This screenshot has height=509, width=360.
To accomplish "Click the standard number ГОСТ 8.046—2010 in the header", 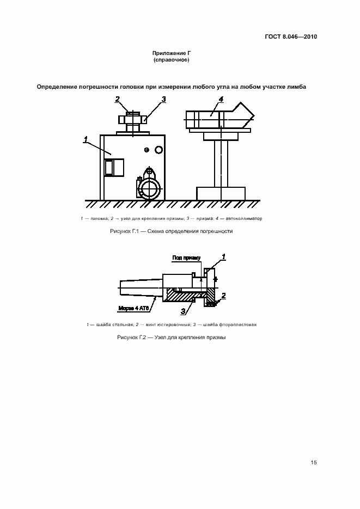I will pos(290,37).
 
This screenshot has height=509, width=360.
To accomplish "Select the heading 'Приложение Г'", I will pos(172,53).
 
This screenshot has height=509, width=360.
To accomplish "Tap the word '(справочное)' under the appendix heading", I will pos(172,60).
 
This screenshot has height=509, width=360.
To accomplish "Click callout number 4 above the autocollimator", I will pos(221,99).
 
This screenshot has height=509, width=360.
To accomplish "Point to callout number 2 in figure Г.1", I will pos(117,99).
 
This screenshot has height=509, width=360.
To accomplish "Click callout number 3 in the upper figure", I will pos(163,99).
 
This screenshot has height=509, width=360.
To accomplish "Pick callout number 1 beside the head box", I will pos(86,141).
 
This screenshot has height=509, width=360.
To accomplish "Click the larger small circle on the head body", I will pos(158,150).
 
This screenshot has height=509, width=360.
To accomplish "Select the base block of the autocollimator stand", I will pos(221,193).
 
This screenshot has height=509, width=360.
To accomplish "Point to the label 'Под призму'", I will pos(187,257).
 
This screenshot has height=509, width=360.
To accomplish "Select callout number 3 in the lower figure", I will pos(183,311).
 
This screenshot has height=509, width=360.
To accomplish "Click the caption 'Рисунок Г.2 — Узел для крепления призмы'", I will pos(172,338).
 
